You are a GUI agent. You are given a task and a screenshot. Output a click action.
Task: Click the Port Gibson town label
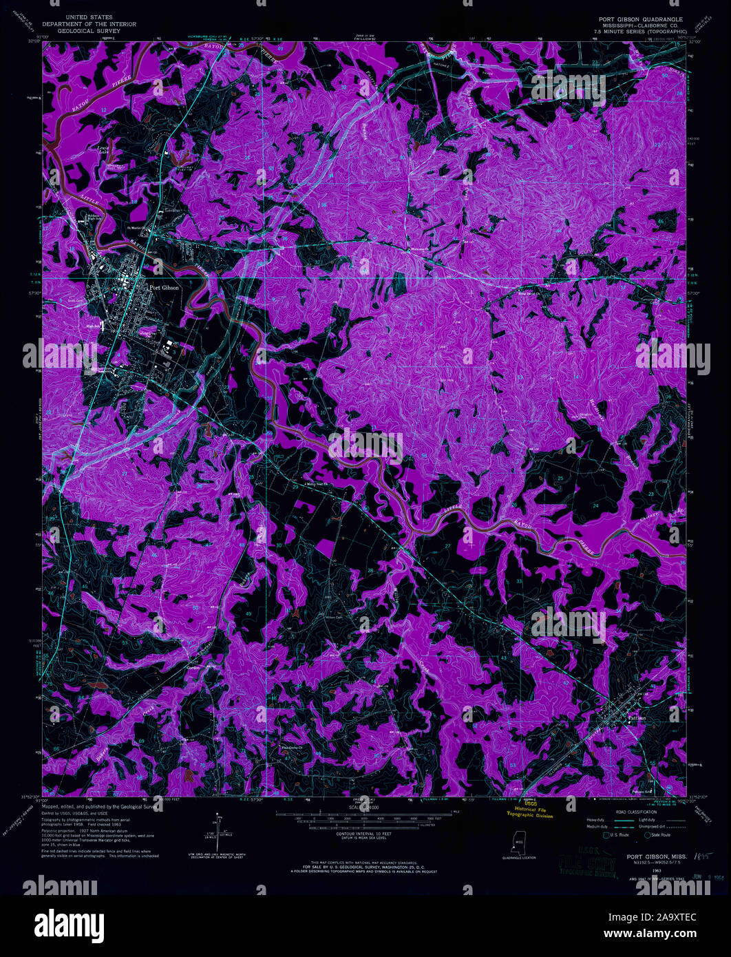[164, 288]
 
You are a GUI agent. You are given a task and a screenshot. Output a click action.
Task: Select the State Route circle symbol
[648, 835]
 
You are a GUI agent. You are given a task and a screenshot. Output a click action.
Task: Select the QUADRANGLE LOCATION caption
[520, 858]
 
